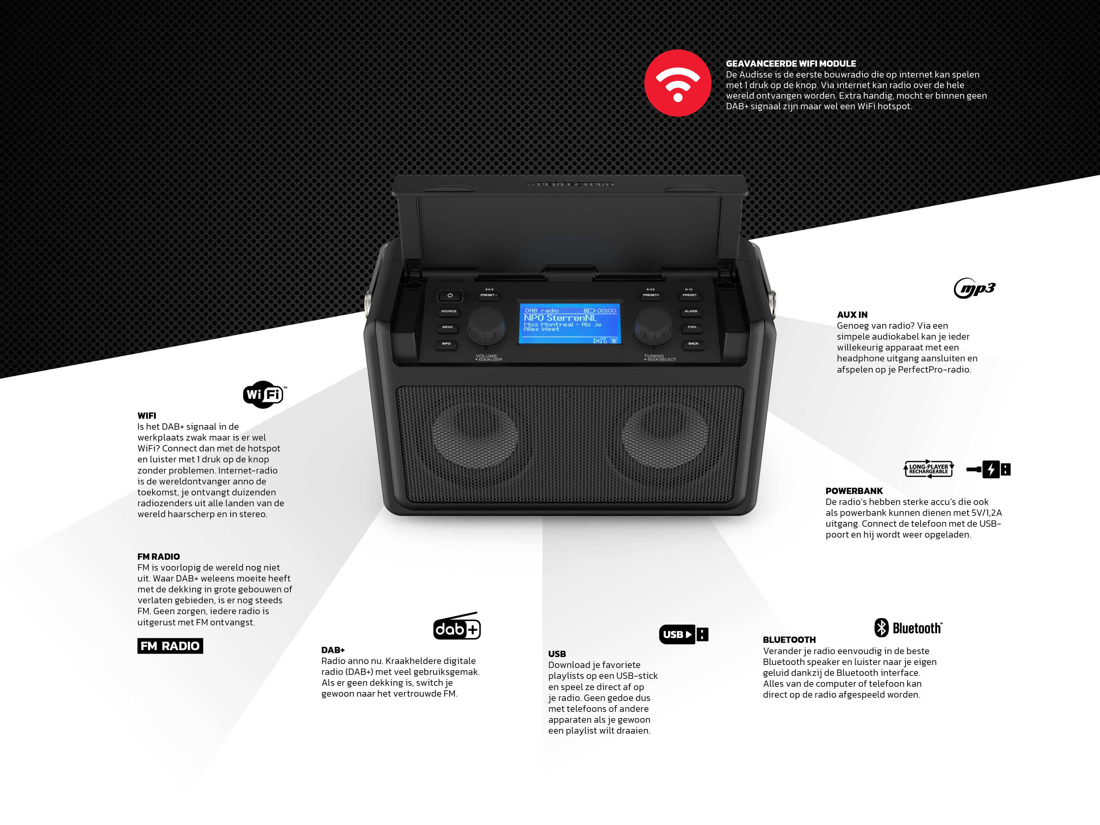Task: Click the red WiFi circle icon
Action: tap(678, 83)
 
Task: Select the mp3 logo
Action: tap(975, 288)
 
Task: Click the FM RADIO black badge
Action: tap(170, 646)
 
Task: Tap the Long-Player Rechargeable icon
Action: tap(928, 469)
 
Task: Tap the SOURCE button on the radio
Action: tap(449, 311)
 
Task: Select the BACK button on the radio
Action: tap(693, 344)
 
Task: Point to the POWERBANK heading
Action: tap(854, 491)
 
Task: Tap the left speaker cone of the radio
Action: tap(475, 435)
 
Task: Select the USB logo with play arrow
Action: tap(683, 634)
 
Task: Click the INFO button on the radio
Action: tap(446, 344)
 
